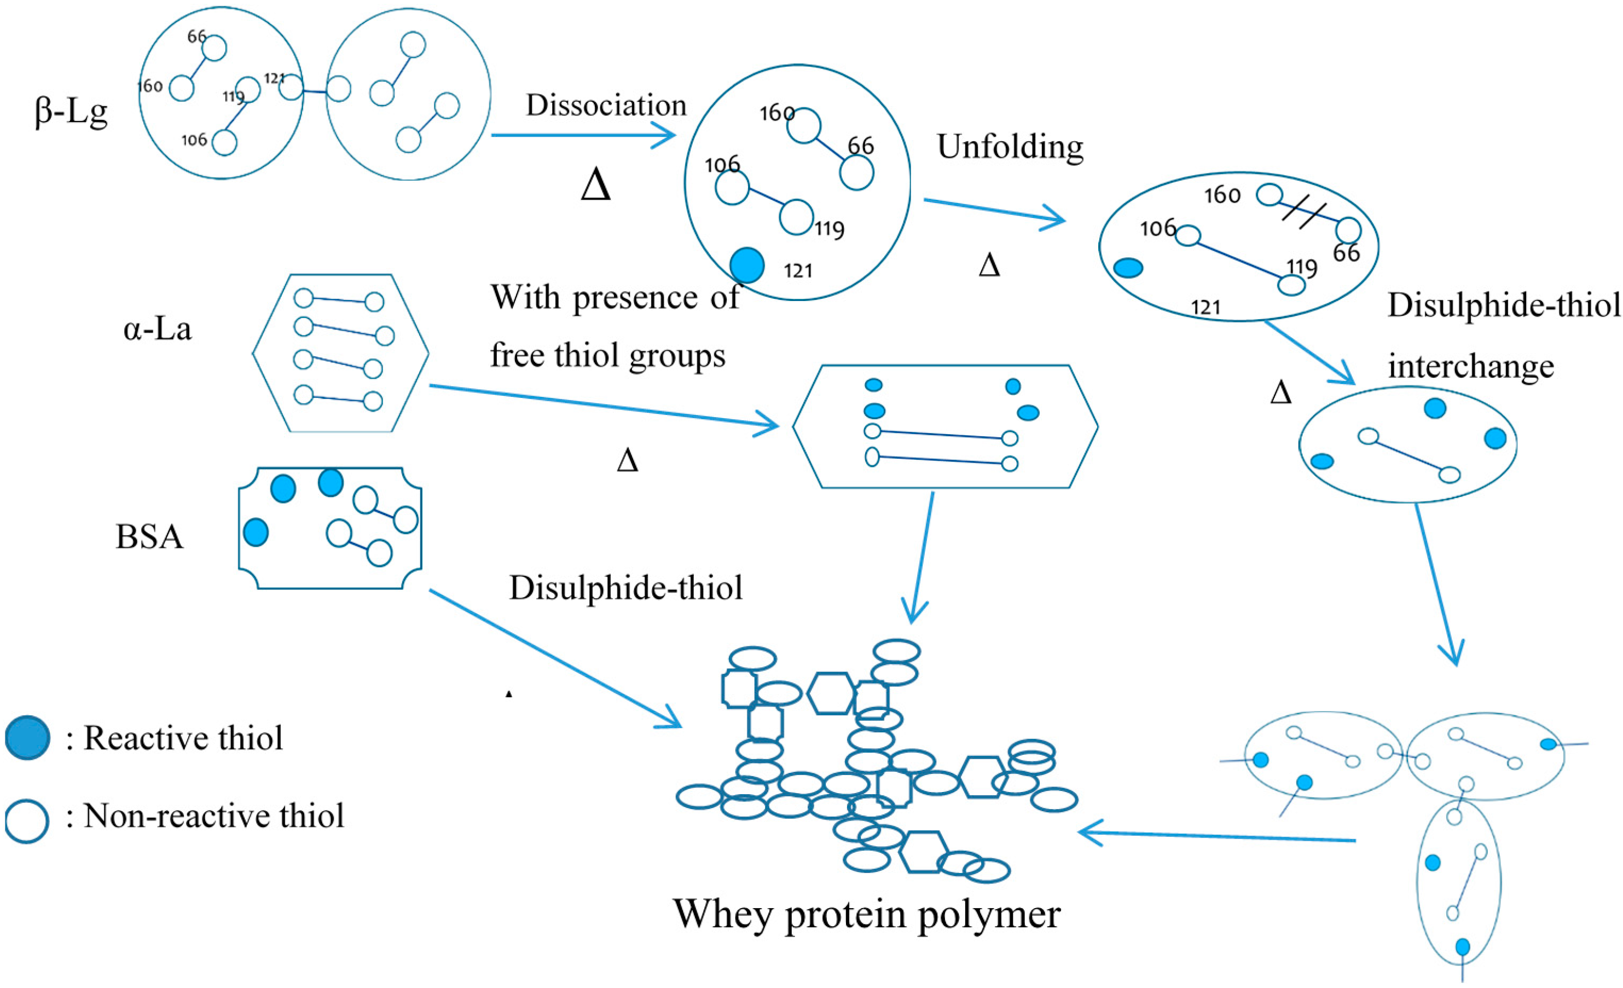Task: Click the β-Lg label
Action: pyautogui.click(x=71, y=112)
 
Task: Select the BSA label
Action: pyautogui.click(x=149, y=536)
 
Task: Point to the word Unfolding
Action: pyautogui.click(x=1010, y=146)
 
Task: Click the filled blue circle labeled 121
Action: pyautogui.click(x=747, y=265)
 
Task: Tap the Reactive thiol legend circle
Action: pyautogui.click(x=27, y=738)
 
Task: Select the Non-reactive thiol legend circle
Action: pyautogui.click(x=27, y=821)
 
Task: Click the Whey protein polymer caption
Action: pyautogui.click(x=866, y=914)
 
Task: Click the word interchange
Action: pyautogui.click(x=1470, y=366)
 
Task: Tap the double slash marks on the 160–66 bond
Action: pyautogui.click(x=1303, y=214)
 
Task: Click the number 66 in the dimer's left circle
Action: pyautogui.click(x=196, y=36)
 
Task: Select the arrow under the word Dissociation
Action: pyautogui.click(x=583, y=136)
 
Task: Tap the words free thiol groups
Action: pyautogui.click(x=607, y=356)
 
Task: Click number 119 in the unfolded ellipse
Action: pyautogui.click(x=1302, y=268)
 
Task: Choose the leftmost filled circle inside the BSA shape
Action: pyautogui.click(x=256, y=531)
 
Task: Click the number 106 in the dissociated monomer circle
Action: pyautogui.click(x=722, y=164)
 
